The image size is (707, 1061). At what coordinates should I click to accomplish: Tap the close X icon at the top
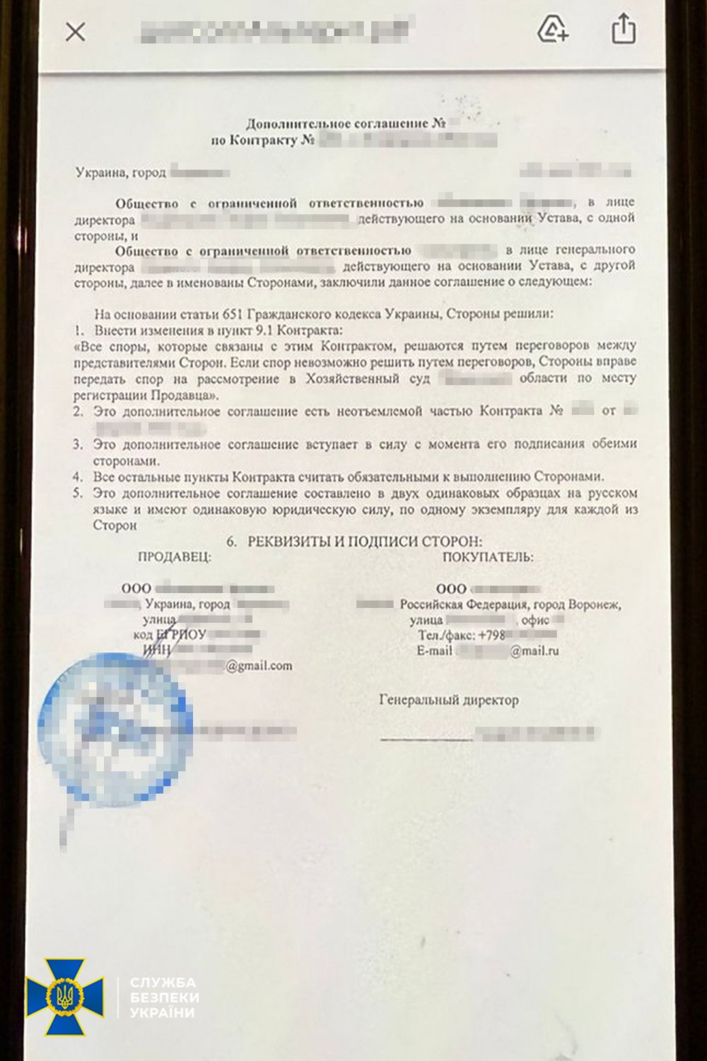pyautogui.click(x=76, y=32)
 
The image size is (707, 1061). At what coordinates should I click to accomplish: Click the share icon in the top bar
pyautogui.click(x=623, y=30)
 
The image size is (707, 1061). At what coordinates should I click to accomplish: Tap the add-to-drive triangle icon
pyautogui.click(x=552, y=30)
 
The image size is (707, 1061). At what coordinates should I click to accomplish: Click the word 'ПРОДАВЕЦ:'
pyautogui.click(x=174, y=557)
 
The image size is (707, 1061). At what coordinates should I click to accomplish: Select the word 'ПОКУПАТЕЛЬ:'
pyautogui.click(x=488, y=557)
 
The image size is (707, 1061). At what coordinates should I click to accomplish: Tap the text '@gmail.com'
pyautogui.click(x=259, y=666)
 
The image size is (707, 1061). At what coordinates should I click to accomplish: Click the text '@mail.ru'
pyautogui.click(x=534, y=651)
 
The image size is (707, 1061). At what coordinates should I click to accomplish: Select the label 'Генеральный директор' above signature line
pyautogui.click(x=449, y=701)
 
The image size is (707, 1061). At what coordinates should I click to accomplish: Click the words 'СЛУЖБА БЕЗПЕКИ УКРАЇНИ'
pyautogui.click(x=164, y=997)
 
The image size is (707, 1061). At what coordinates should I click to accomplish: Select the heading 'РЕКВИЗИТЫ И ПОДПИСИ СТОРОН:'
pyautogui.click(x=365, y=542)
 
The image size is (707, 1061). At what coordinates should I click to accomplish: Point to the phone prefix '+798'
pyautogui.click(x=491, y=635)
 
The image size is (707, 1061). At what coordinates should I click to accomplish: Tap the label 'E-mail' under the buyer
pyautogui.click(x=434, y=651)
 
